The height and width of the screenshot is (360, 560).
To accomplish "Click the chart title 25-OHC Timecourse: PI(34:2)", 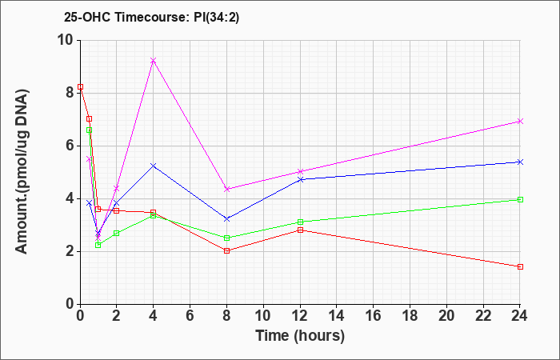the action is (x=151, y=17).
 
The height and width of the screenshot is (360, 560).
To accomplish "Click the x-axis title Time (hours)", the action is (x=300, y=336).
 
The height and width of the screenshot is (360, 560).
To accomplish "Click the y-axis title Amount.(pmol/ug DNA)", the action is (x=22, y=171).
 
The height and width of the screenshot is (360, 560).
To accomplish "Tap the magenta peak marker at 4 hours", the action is (x=154, y=60).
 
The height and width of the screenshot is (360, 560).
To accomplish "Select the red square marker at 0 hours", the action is (x=80, y=86).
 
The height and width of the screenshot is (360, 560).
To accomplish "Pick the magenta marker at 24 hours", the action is (x=520, y=122).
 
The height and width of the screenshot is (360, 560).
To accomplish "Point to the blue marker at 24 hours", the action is (x=520, y=162).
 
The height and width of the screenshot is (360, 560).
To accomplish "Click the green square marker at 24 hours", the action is (x=520, y=200).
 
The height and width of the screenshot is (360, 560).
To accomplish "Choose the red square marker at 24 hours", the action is (x=520, y=266).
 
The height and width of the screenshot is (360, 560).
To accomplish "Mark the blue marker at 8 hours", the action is (x=226, y=219).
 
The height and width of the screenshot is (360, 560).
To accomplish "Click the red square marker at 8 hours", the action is (x=226, y=251).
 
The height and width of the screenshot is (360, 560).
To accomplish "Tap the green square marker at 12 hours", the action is (x=300, y=222).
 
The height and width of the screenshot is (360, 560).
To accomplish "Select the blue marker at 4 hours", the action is (x=154, y=166).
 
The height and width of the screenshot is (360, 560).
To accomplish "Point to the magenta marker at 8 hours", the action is (x=226, y=190).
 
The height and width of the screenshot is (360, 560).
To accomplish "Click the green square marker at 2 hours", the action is (x=117, y=234).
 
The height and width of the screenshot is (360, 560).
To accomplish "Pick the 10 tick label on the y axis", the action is (x=66, y=40).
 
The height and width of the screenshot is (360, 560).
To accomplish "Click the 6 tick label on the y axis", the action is (x=70, y=146).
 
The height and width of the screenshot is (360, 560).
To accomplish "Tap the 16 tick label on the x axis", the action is (x=374, y=316).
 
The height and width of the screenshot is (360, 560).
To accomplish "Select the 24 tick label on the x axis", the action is (x=520, y=316).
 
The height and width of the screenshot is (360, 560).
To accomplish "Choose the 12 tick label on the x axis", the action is (x=300, y=316).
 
